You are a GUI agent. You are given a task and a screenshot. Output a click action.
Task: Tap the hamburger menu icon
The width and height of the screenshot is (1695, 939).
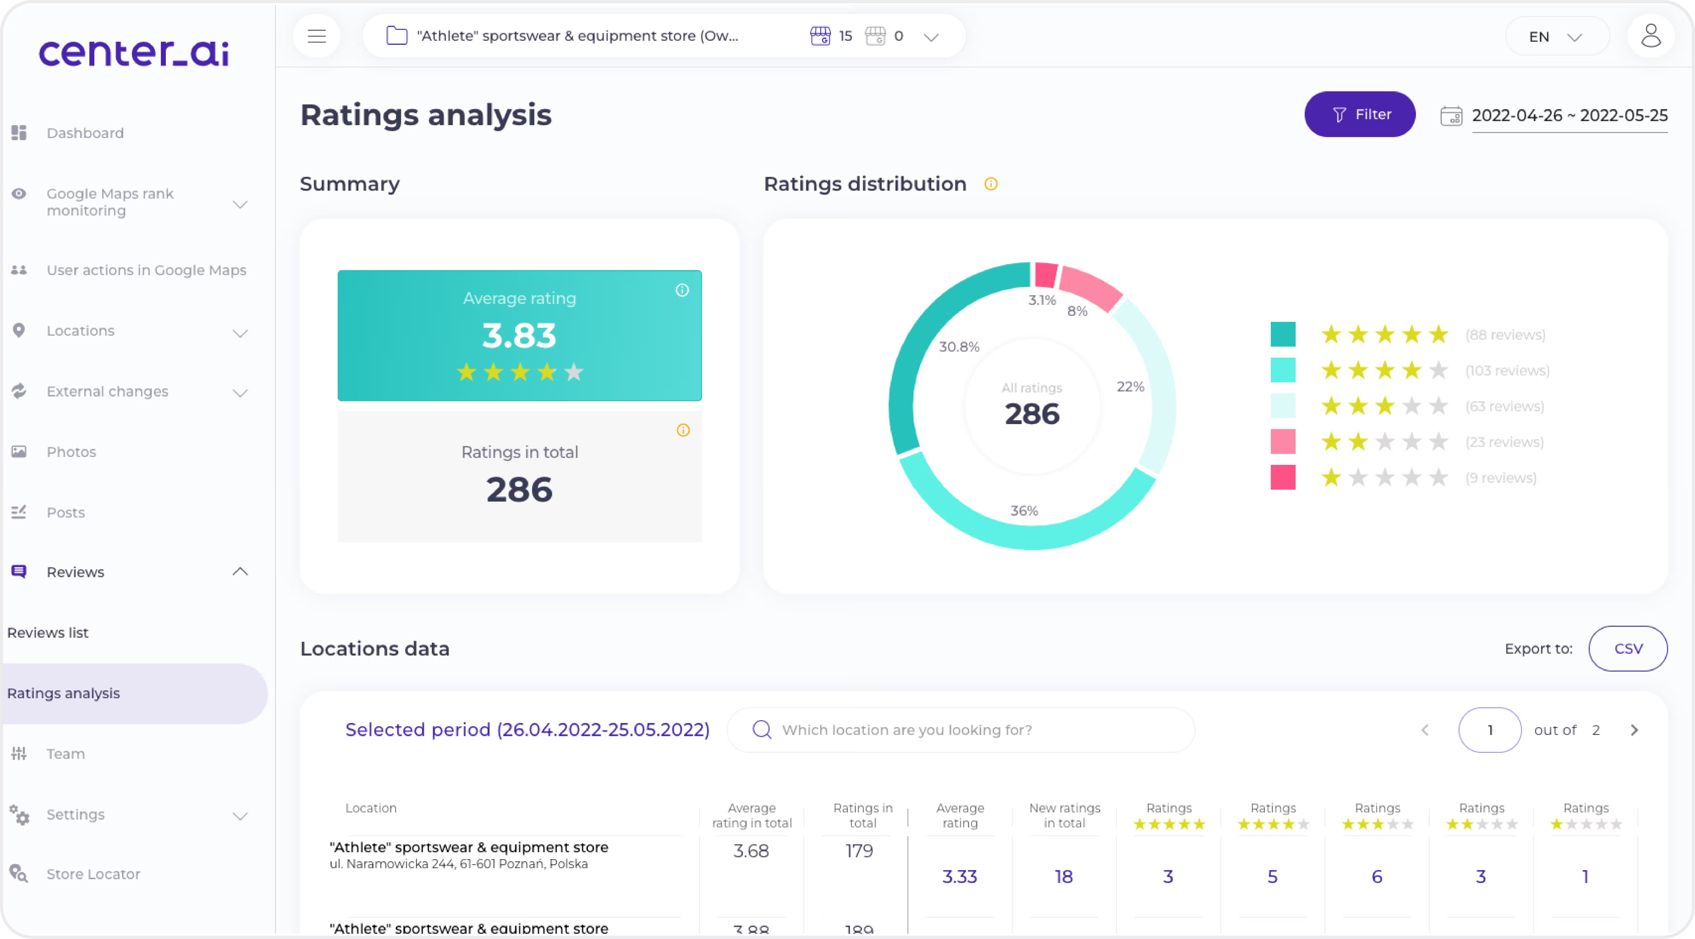pyautogui.click(x=316, y=36)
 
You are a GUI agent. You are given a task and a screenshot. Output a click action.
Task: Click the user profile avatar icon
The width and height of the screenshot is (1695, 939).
pyautogui.click(x=1650, y=36)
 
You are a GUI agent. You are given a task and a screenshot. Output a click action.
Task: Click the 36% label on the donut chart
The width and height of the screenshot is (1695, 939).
pyautogui.click(x=1024, y=511)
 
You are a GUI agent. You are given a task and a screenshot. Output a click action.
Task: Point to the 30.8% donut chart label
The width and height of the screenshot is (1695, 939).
pyautogui.click(x=959, y=347)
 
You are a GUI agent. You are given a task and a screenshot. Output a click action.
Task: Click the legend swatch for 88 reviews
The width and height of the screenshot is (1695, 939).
pyautogui.click(x=1283, y=334)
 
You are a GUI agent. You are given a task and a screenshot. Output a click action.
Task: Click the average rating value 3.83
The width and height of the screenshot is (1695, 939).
pyautogui.click(x=519, y=336)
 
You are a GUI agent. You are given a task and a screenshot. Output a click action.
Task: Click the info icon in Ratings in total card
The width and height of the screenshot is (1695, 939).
pyautogui.click(x=683, y=430)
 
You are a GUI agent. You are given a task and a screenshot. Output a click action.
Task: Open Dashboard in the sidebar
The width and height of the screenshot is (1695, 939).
pyautogui.click(x=85, y=133)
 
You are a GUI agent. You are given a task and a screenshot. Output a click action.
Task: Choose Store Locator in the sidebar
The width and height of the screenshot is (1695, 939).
pyautogui.click(x=93, y=874)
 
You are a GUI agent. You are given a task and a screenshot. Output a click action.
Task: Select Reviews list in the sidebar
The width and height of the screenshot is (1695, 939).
pyautogui.click(x=48, y=632)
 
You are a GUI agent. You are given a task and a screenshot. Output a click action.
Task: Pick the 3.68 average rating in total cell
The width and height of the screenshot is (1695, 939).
pyautogui.click(x=751, y=851)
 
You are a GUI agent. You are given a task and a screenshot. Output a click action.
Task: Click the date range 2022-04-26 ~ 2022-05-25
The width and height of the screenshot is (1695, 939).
pyautogui.click(x=1569, y=116)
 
